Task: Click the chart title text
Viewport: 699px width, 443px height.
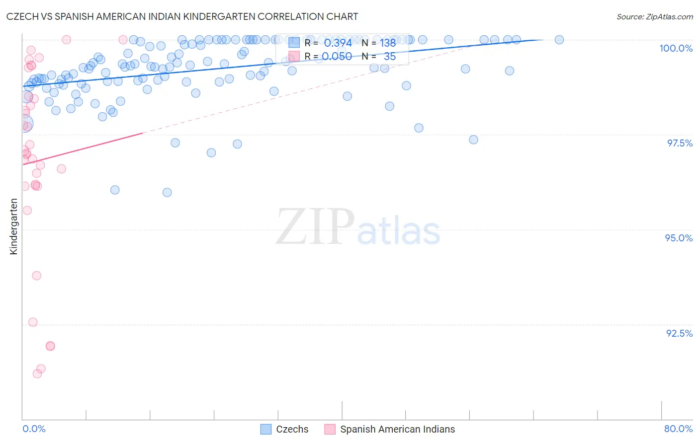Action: point(182,16)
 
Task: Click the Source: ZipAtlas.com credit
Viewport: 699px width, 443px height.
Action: point(654,17)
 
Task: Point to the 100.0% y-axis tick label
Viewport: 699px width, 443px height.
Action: point(676,48)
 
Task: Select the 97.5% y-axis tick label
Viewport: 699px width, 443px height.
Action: point(680,143)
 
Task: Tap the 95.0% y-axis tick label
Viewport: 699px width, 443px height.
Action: point(679,238)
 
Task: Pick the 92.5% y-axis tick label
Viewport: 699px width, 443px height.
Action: point(679,333)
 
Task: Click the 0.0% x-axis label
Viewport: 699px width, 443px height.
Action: point(34,429)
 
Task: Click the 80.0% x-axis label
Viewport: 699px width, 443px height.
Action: point(678,429)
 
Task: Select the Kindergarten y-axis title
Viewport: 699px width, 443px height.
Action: point(13,226)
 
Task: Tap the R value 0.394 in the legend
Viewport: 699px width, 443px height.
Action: point(338,43)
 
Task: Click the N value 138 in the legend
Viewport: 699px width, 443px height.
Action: point(388,43)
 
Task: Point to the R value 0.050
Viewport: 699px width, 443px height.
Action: point(337,56)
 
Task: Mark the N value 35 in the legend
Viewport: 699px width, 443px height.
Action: point(390,56)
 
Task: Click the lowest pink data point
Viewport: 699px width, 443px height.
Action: point(37,373)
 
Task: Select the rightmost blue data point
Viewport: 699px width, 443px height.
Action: point(559,40)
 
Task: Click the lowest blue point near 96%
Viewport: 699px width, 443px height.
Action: point(167,192)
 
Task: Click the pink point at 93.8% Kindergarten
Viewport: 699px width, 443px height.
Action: point(36,276)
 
